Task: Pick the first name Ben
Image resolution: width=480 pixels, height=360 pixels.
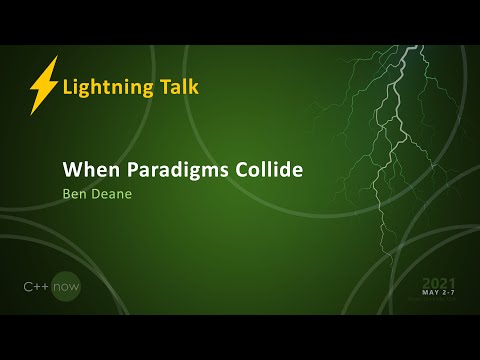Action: coord(75,195)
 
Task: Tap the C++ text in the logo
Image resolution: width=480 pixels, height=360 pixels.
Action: coord(37,286)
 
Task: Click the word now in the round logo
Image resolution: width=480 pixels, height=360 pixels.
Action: coord(67,286)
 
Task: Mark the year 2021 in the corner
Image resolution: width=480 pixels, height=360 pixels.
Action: coord(440,282)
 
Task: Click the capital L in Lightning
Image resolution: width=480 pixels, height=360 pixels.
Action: coord(67,86)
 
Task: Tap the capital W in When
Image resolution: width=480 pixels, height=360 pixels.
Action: coord(72,169)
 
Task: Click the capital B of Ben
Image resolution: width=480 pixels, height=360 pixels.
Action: coord(67,195)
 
